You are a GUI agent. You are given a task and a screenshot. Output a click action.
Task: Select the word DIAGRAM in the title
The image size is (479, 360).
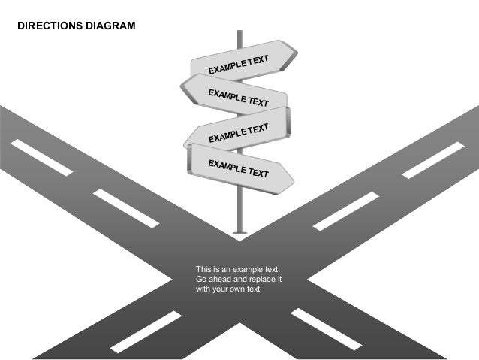coord(110,26)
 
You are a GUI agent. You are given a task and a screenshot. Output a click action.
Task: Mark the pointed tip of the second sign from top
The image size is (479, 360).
coord(182,89)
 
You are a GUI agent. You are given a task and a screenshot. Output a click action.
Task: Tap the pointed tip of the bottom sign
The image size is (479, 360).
coord(293,181)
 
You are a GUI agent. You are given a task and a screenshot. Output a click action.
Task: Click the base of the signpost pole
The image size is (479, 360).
coord(239,234)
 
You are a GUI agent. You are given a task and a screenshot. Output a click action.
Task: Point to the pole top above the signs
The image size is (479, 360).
coord(239,33)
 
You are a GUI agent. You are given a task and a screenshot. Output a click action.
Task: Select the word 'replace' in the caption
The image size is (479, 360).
coord(260,279)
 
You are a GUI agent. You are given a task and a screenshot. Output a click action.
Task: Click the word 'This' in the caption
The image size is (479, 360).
coord(203,269)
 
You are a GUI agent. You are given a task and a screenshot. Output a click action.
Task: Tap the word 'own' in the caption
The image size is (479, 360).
coord(234,289)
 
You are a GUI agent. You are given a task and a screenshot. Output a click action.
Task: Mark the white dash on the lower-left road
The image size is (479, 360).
coord(146,330)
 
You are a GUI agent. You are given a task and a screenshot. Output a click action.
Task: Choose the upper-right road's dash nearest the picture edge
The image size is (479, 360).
coord(433,160)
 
